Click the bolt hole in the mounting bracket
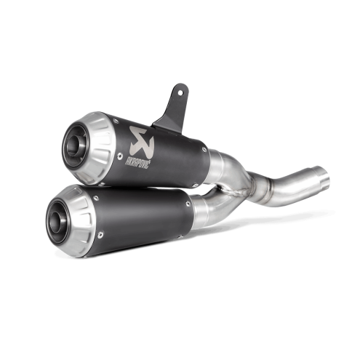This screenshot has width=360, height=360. [180, 92]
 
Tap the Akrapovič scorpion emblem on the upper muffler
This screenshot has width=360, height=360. [142, 139]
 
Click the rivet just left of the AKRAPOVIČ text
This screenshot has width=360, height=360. [119, 156]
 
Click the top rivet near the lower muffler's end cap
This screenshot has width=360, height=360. [96, 198]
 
